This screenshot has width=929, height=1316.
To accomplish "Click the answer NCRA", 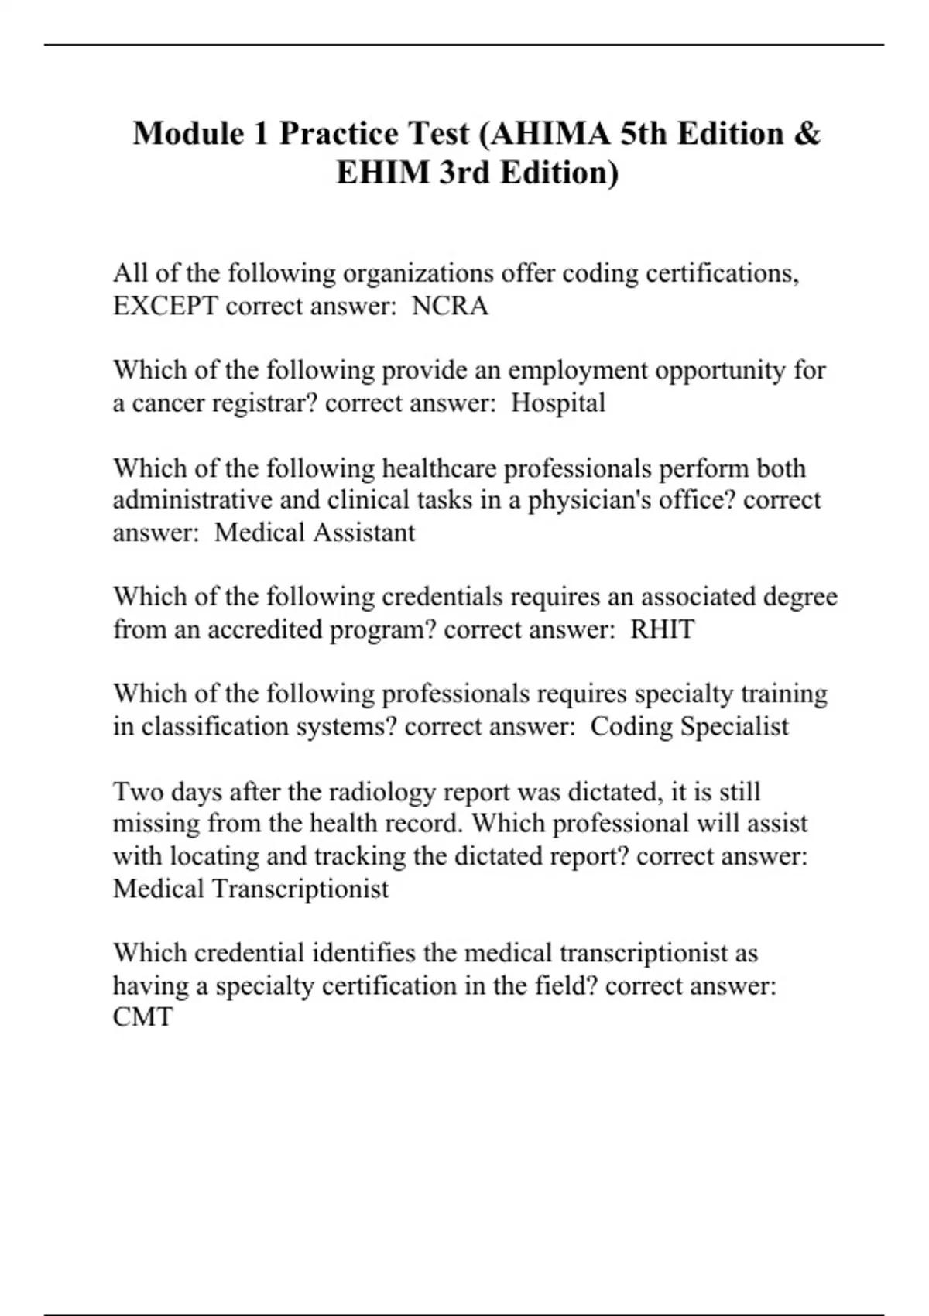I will click(450, 307).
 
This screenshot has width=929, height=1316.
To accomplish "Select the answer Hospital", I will click(558, 403).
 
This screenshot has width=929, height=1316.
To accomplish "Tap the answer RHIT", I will click(662, 629).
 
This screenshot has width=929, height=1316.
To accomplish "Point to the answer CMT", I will click(143, 1017).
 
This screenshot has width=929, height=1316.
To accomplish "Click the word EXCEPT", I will click(166, 307).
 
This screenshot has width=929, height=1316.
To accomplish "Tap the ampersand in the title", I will click(807, 134).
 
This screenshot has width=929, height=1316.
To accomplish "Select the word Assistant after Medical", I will click(365, 533).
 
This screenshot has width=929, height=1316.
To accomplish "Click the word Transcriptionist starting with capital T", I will click(300, 889).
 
